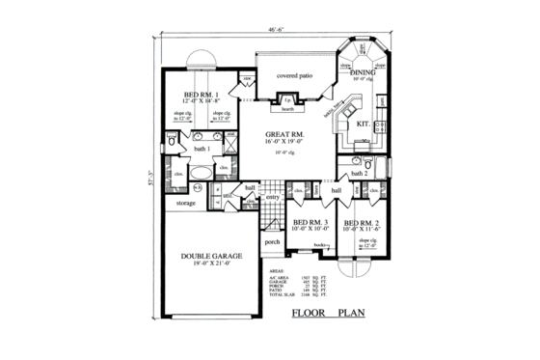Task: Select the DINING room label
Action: point(363,71)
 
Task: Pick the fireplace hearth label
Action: point(285,109)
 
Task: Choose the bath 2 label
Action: point(360,173)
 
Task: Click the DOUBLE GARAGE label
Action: point(210,257)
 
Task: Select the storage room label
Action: point(185,204)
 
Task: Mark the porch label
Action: point(272,241)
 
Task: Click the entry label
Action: point(272,197)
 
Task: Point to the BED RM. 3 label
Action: point(312,222)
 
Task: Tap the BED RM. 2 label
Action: point(364,222)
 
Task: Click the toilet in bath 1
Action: point(171,142)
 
